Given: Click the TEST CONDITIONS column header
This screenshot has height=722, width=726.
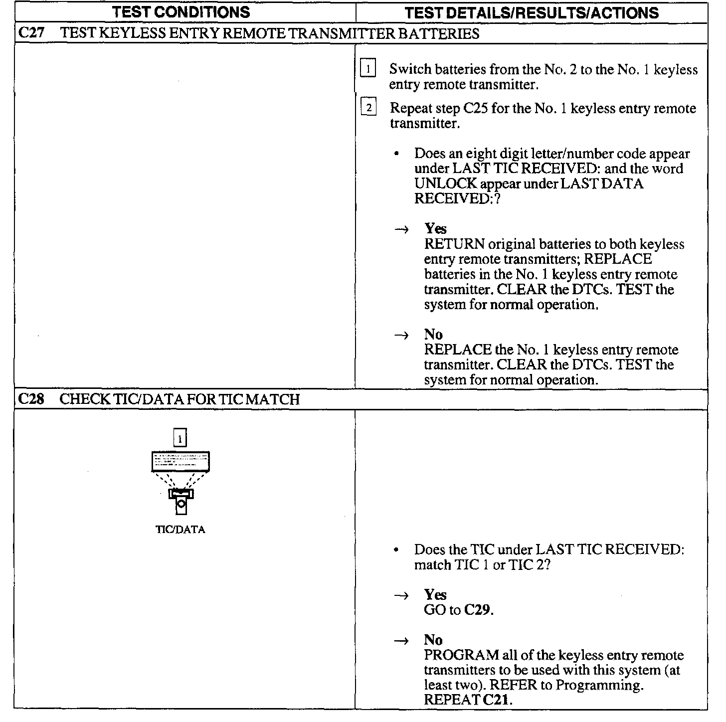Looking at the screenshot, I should tap(181, 12).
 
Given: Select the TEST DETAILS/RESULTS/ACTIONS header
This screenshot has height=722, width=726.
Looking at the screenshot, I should tap(532, 12).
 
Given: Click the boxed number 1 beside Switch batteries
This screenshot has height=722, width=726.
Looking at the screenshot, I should tap(368, 69).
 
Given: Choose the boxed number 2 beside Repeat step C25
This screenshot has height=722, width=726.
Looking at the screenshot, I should tap(368, 108).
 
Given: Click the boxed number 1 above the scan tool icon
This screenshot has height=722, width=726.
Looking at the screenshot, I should tap(180, 438).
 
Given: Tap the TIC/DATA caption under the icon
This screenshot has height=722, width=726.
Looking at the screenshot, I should tap(181, 530).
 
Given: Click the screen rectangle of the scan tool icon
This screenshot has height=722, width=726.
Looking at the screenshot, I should tap(181, 461).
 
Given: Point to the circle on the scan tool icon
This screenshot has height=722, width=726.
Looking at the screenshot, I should tap(181, 505).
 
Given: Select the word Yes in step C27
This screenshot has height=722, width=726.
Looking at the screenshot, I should tap(435, 229).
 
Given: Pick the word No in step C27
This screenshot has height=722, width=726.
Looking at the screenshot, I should tap(433, 335).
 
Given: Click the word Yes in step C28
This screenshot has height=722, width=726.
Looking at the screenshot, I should tap(435, 595).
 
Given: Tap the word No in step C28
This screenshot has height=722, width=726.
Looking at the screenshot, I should tap(433, 640).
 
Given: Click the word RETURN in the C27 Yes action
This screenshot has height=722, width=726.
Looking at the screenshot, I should tap(454, 244).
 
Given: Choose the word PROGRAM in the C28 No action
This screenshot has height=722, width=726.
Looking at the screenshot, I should tap(461, 655).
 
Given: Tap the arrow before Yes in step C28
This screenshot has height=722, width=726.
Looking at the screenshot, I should tap(401, 595).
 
